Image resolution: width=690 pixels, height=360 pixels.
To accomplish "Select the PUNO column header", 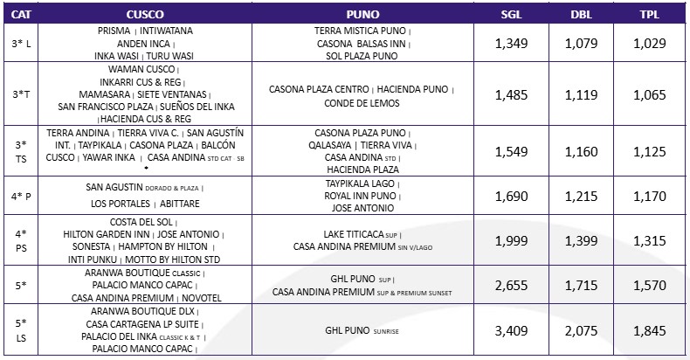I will (x=362, y=15).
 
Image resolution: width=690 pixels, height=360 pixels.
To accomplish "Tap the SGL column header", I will (x=512, y=15).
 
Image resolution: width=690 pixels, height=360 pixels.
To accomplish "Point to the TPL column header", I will (x=647, y=15).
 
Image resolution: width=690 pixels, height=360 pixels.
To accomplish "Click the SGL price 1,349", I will (x=512, y=43).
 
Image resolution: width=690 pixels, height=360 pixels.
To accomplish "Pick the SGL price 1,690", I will (x=512, y=197).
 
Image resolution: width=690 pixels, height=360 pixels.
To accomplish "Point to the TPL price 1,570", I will (x=647, y=285).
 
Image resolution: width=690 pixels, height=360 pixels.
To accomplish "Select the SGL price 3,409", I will (x=512, y=331).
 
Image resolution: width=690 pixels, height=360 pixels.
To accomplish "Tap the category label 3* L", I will (x=19, y=43).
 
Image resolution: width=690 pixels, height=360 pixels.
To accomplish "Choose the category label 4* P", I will (x=19, y=197).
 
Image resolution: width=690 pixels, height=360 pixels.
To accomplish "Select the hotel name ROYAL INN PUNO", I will (x=362, y=197).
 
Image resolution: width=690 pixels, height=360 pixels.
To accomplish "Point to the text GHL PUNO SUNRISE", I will (x=362, y=332).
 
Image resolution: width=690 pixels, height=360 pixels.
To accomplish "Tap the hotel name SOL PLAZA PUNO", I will (x=362, y=56).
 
